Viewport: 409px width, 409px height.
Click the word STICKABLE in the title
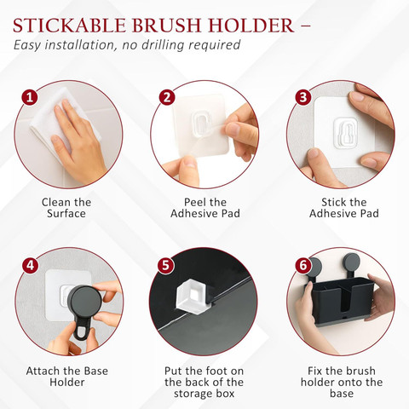69,26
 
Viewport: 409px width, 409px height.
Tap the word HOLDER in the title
251,26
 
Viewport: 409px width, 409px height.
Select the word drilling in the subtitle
163,46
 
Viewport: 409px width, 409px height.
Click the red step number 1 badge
30,98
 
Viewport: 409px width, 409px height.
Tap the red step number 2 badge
167,97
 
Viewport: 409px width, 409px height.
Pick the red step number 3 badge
303,97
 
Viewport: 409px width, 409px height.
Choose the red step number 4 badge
30,266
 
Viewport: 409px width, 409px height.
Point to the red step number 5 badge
165,266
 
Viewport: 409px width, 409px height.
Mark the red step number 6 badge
303,266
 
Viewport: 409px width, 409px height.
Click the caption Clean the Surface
66,208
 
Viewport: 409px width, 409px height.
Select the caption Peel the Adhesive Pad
205,208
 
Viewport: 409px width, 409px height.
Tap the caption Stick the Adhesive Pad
344,208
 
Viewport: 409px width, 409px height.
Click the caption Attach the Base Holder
67,377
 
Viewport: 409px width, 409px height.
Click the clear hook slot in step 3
345,133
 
